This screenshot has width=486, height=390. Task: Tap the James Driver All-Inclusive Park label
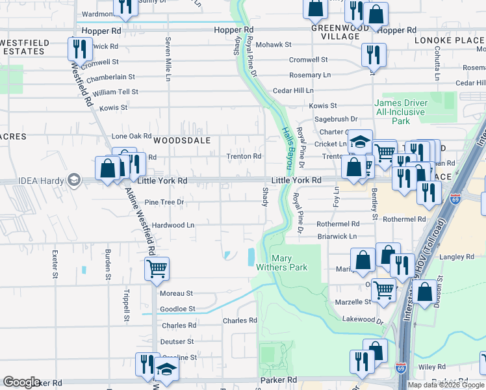(401, 112)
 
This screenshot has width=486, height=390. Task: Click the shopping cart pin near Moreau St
(156, 268)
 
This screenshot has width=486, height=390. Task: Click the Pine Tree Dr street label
(164, 202)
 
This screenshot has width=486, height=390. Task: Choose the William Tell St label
(115, 92)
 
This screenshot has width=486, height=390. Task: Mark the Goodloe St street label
(177, 309)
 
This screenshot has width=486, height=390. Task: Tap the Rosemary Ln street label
(310, 75)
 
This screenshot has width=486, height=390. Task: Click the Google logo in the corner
(21, 382)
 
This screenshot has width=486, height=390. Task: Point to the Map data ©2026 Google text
(446, 385)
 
